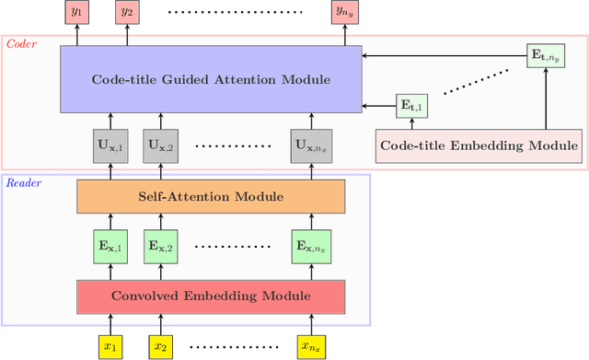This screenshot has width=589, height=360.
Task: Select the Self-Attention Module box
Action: [210, 197]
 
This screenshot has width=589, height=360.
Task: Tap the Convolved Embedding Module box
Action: [210, 296]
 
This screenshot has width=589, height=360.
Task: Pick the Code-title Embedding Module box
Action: [480, 145]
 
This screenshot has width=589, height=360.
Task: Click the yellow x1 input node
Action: [110, 345]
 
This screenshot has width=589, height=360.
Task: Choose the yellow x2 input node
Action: [161, 345]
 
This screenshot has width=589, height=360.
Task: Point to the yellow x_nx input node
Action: [309, 345]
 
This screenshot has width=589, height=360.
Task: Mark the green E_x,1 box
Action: [110, 247]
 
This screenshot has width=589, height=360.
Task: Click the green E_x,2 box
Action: [161, 247]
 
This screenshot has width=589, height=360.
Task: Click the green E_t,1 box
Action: [411, 107]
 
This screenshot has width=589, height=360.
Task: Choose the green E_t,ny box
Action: [546, 55]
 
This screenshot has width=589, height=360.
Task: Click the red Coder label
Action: [22, 43]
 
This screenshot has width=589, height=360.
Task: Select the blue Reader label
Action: [25, 181]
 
